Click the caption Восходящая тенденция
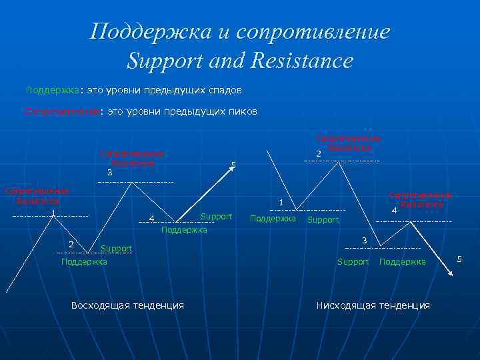click(x=127, y=305)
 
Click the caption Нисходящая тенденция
click(x=373, y=305)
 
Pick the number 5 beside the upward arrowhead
click(x=233, y=165)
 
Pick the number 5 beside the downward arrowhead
click(x=459, y=258)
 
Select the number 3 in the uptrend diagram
click(x=110, y=173)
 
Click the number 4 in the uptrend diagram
click(x=151, y=219)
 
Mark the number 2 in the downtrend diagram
click(x=318, y=154)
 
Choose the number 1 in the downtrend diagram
click(x=281, y=203)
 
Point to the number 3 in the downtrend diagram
click(x=364, y=240)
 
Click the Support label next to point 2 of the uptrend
click(x=116, y=249)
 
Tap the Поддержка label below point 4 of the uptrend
click(x=185, y=230)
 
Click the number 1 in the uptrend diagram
click(x=52, y=213)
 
